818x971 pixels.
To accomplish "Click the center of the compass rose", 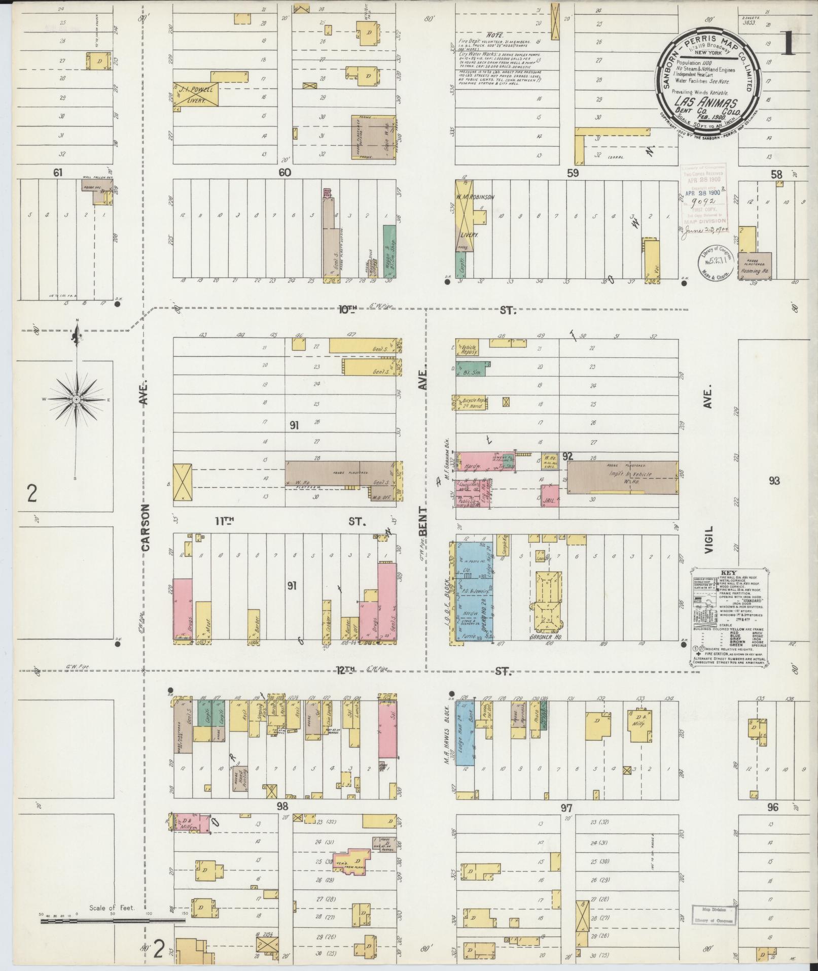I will tap(76, 399).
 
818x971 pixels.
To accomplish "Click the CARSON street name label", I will tap(146, 527).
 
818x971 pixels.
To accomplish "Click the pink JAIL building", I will tap(550, 495).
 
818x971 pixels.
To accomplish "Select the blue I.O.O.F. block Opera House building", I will tap(475, 591).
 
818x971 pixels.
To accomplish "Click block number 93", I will tap(774, 481).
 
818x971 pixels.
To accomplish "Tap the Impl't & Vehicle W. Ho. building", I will tap(622, 477).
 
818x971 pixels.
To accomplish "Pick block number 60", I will tap(284, 173).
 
